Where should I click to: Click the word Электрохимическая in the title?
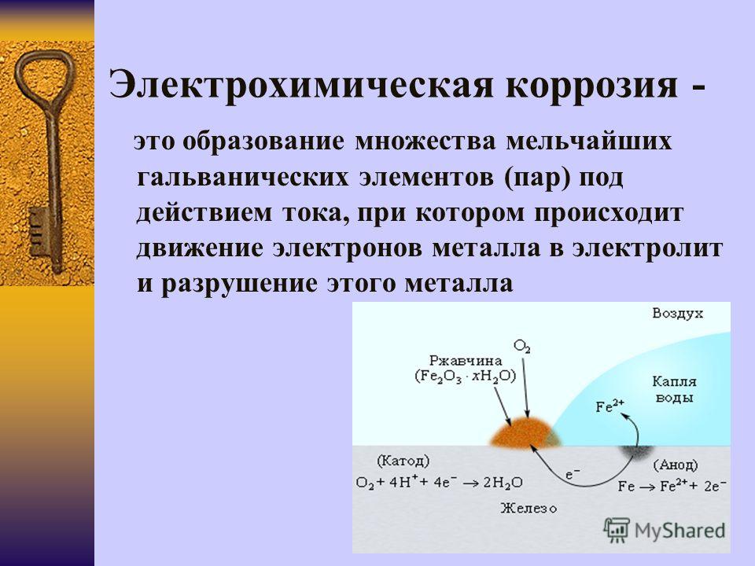(x=302, y=85)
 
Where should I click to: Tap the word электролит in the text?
(x=647, y=248)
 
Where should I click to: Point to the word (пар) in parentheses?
(x=538, y=178)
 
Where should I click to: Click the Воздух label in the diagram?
(x=677, y=314)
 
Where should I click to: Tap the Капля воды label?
(x=674, y=389)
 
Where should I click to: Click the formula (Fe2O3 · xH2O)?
(x=465, y=376)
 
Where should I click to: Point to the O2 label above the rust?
(x=522, y=346)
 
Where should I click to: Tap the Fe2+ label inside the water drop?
(x=610, y=406)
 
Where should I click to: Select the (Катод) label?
(x=403, y=461)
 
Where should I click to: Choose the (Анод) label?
(x=676, y=465)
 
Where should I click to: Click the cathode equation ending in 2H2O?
(x=439, y=482)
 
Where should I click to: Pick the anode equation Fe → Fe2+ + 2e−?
(x=672, y=486)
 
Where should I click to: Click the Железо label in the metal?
(x=528, y=508)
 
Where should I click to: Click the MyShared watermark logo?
(x=665, y=530)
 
